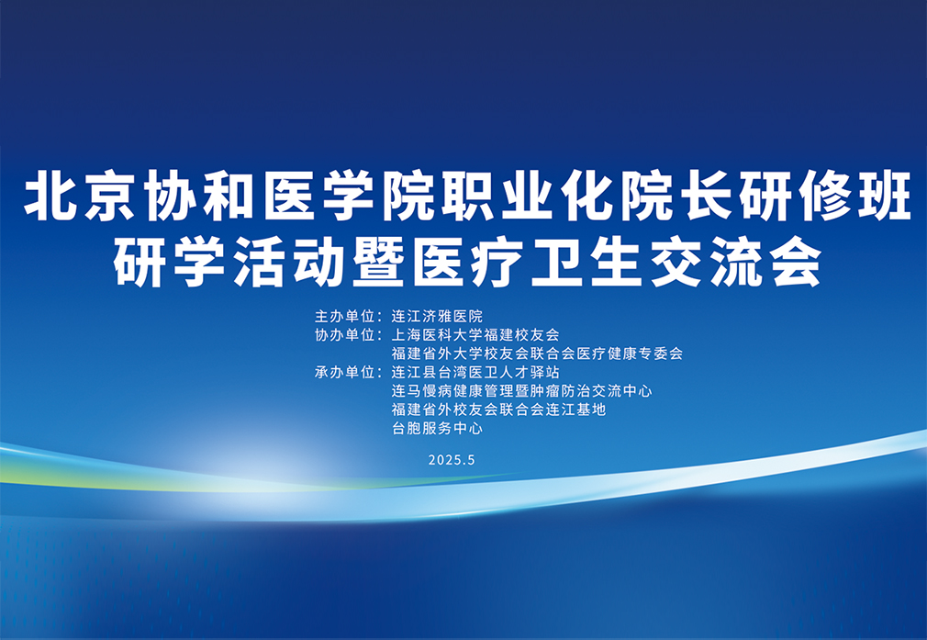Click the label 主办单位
[x=345, y=317]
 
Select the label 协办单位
[x=345, y=335]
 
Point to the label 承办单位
[x=345, y=373]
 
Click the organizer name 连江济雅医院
[x=437, y=317]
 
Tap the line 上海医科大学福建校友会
[x=475, y=335]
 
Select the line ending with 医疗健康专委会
[x=537, y=354]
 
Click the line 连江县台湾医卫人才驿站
[x=475, y=373]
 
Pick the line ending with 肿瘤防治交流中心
[x=521, y=391]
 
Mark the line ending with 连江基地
[x=498, y=410]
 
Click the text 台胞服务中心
[x=437, y=428]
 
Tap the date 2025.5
[x=452, y=460]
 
